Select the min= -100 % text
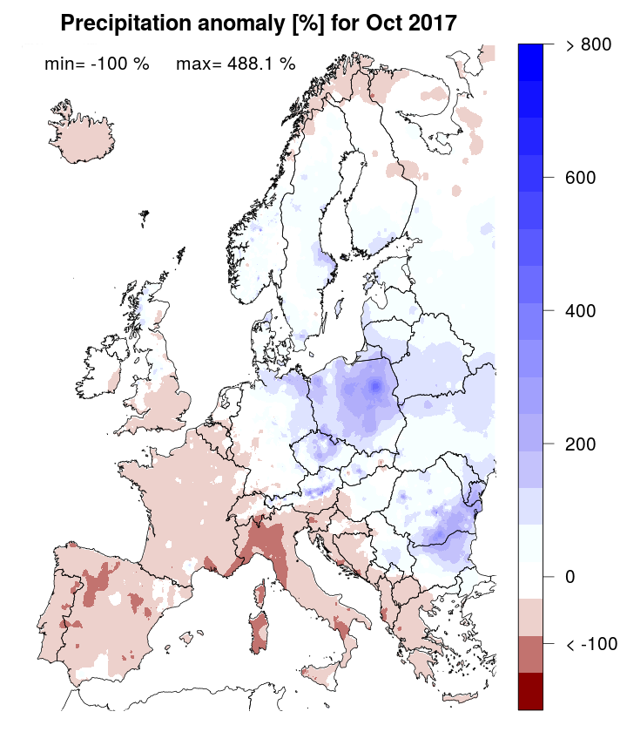pos(97,64)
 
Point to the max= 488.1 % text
pos(235,64)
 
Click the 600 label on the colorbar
pos(580,179)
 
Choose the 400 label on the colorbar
pos(580,311)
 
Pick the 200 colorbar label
pos(580,444)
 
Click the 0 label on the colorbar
pos(570,577)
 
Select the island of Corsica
pos(259,596)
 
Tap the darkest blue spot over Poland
pos(374,385)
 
